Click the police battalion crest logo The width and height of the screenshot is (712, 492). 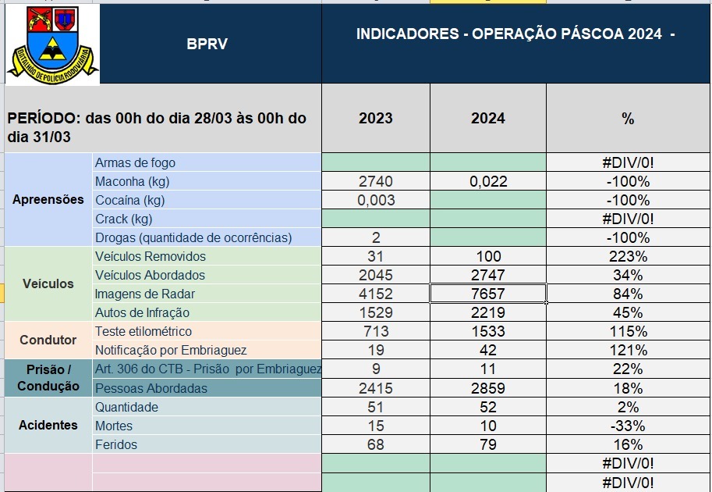tap(52, 45)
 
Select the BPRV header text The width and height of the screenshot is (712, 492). tap(207, 44)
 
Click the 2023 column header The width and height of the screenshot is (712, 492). tap(376, 118)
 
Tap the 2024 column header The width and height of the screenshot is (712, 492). tap(487, 118)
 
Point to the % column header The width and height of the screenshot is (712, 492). tap(628, 118)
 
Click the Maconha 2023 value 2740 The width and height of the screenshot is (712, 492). tap(376, 181)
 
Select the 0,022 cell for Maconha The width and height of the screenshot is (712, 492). tap(488, 181)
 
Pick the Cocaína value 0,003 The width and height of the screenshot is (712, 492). tap(376, 200)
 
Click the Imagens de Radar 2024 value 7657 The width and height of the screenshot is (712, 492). tap(488, 294)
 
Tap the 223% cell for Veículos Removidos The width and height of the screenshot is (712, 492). tap(628, 256)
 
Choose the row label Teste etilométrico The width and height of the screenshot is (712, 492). tap(143, 331)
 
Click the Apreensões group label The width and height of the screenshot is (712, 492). tap(48, 200)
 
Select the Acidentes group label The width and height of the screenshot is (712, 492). tap(48, 425)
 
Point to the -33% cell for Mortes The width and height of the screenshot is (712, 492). tap(628, 426)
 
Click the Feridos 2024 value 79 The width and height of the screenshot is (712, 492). tap(488, 444)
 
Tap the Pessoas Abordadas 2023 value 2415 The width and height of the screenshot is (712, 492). tap(376, 388)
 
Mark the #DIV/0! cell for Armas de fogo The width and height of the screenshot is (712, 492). tap(628, 162)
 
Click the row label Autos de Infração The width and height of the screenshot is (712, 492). tap(142, 313)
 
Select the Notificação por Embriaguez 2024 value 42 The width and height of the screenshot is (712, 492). tap(488, 350)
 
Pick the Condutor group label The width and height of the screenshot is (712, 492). tap(48, 340)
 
